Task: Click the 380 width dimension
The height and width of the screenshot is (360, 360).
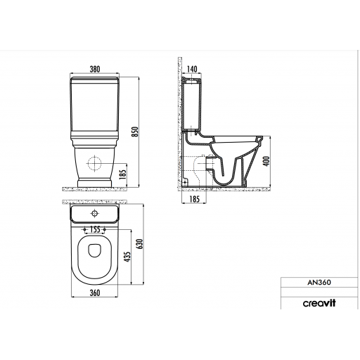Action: click(x=95, y=69)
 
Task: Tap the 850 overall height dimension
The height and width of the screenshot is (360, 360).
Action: click(x=136, y=131)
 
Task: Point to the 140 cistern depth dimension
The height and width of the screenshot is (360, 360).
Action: click(x=192, y=69)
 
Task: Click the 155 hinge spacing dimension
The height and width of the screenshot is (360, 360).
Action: click(x=95, y=229)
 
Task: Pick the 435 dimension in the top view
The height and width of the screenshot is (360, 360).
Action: click(x=128, y=257)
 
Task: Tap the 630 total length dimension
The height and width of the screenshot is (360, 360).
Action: click(x=140, y=244)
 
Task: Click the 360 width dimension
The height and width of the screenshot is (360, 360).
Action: click(x=95, y=292)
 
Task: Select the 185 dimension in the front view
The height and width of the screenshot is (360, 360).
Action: click(x=122, y=174)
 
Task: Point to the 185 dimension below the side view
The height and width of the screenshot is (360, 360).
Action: click(x=194, y=199)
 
